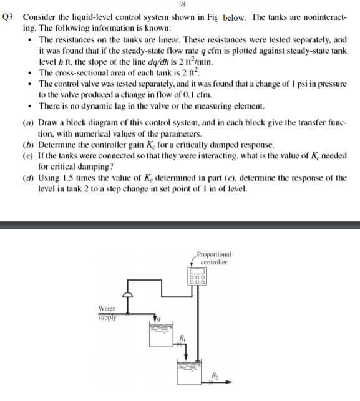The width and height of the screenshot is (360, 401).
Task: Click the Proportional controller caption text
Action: (213, 258)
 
